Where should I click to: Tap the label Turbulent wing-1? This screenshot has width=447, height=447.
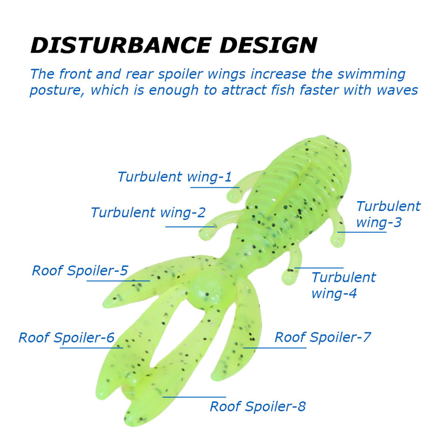click(x=174, y=177)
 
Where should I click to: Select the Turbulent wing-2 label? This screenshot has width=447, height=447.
click(x=148, y=213)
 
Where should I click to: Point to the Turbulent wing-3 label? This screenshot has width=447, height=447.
click(x=387, y=214)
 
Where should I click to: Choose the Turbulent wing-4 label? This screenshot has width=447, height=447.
click(x=343, y=285)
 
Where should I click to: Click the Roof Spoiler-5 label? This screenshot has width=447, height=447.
click(x=80, y=271)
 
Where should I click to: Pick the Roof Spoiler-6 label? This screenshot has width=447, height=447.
click(x=66, y=338)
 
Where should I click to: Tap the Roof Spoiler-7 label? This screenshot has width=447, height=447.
click(x=322, y=337)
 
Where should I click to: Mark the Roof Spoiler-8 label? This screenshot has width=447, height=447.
click(x=257, y=406)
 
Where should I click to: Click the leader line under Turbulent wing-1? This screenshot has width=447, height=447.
click(x=214, y=188)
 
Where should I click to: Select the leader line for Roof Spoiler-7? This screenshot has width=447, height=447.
click(x=275, y=348)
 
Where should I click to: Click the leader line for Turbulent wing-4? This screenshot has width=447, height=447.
click(x=319, y=268)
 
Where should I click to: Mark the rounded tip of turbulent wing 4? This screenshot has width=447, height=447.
click(x=289, y=278)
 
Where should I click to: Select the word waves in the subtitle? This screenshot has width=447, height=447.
click(x=397, y=90)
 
